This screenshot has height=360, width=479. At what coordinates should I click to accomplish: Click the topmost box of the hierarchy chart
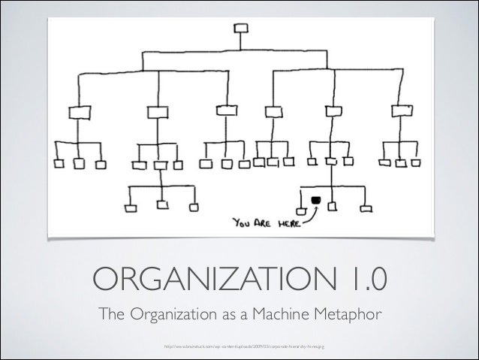(x=241, y=29)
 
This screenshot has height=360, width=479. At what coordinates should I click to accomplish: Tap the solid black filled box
(x=316, y=199)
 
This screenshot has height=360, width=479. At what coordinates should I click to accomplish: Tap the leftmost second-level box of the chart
(x=79, y=112)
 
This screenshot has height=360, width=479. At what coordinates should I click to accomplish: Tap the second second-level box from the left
(x=157, y=112)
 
